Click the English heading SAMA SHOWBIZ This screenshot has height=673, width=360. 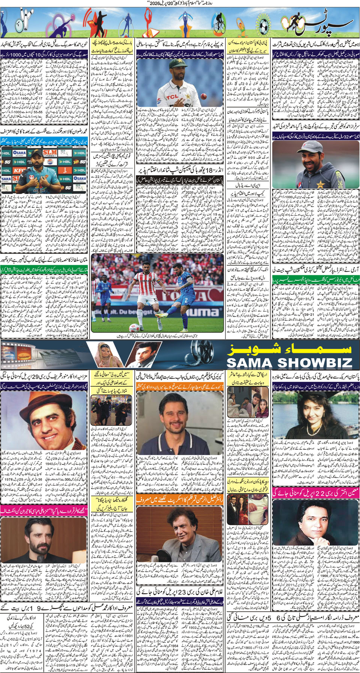click(289, 362)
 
